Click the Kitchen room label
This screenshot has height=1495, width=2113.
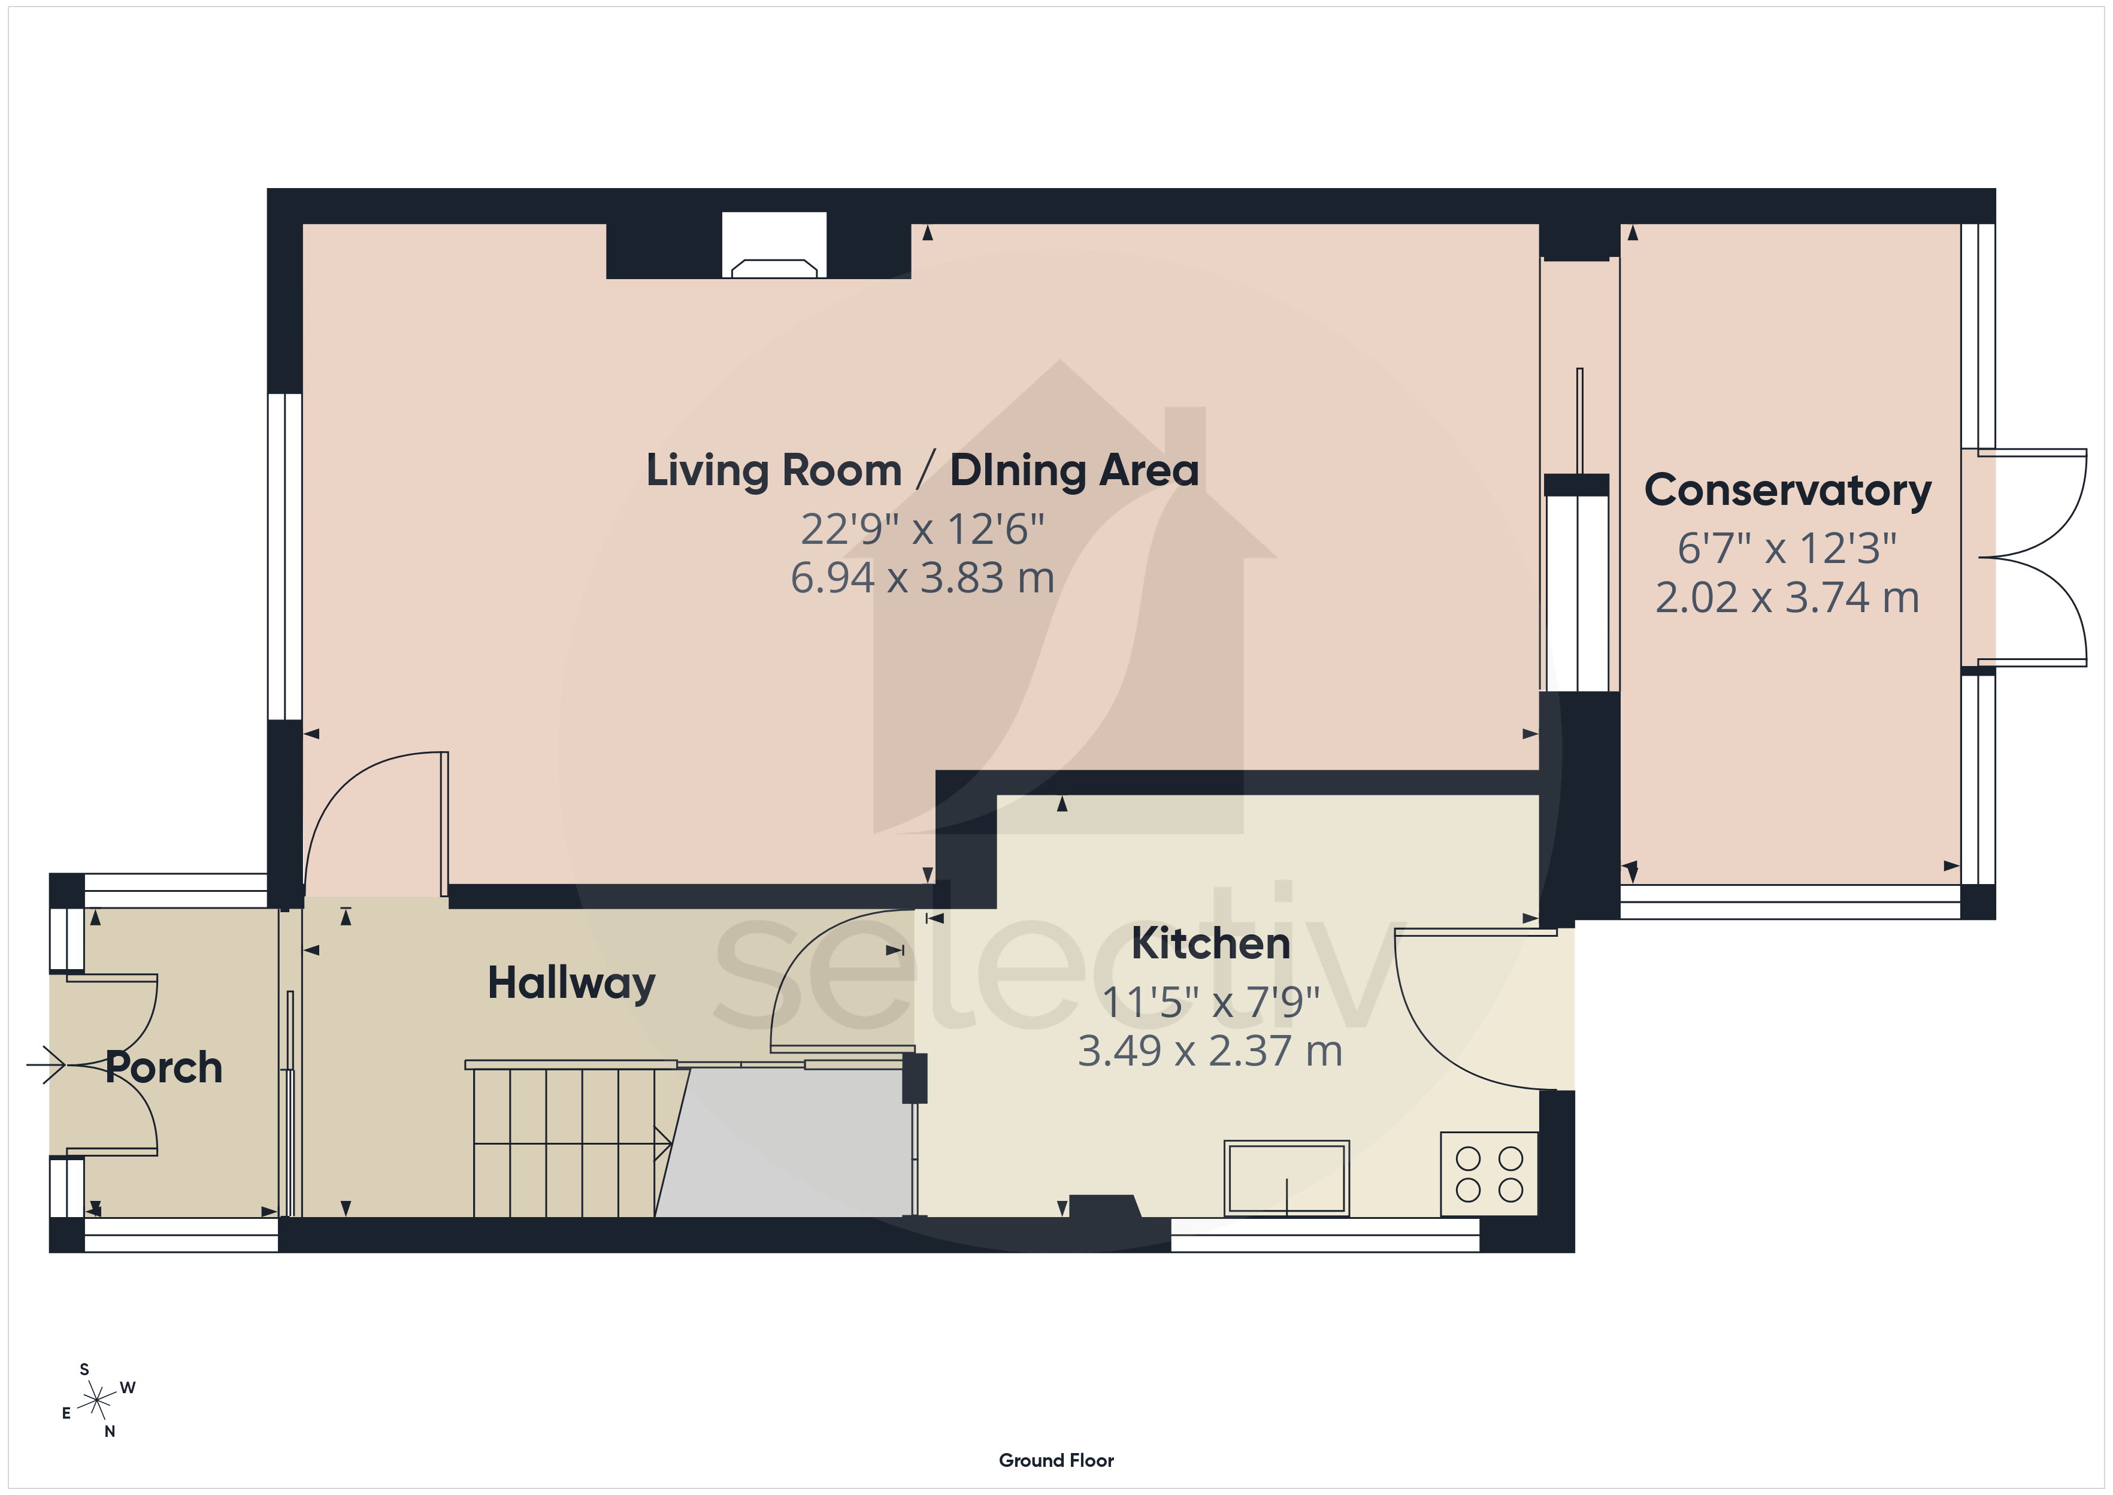pyautogui.click(x=1210, y=943)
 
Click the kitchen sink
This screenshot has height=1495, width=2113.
pyautogui.click(x=1286, y=1178)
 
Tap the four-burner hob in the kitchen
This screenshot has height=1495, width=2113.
pyautogui.click(x=1489, y=1174)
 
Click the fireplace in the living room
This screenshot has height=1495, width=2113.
pyautogui.click(x=774, y=246)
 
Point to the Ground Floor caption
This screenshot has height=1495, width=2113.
pyautogui.click(x=1056, y=1460)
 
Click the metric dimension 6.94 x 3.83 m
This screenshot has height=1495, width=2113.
pyautogui.click(x=922, y=578)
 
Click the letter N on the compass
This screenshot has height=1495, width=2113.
pyautogui.click(x=110, y=1432)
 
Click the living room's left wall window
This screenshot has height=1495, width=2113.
pyautogui.click(x=285, y=557)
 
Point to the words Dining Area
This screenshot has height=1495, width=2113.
pyautogui.click(x=1074, y=470)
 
